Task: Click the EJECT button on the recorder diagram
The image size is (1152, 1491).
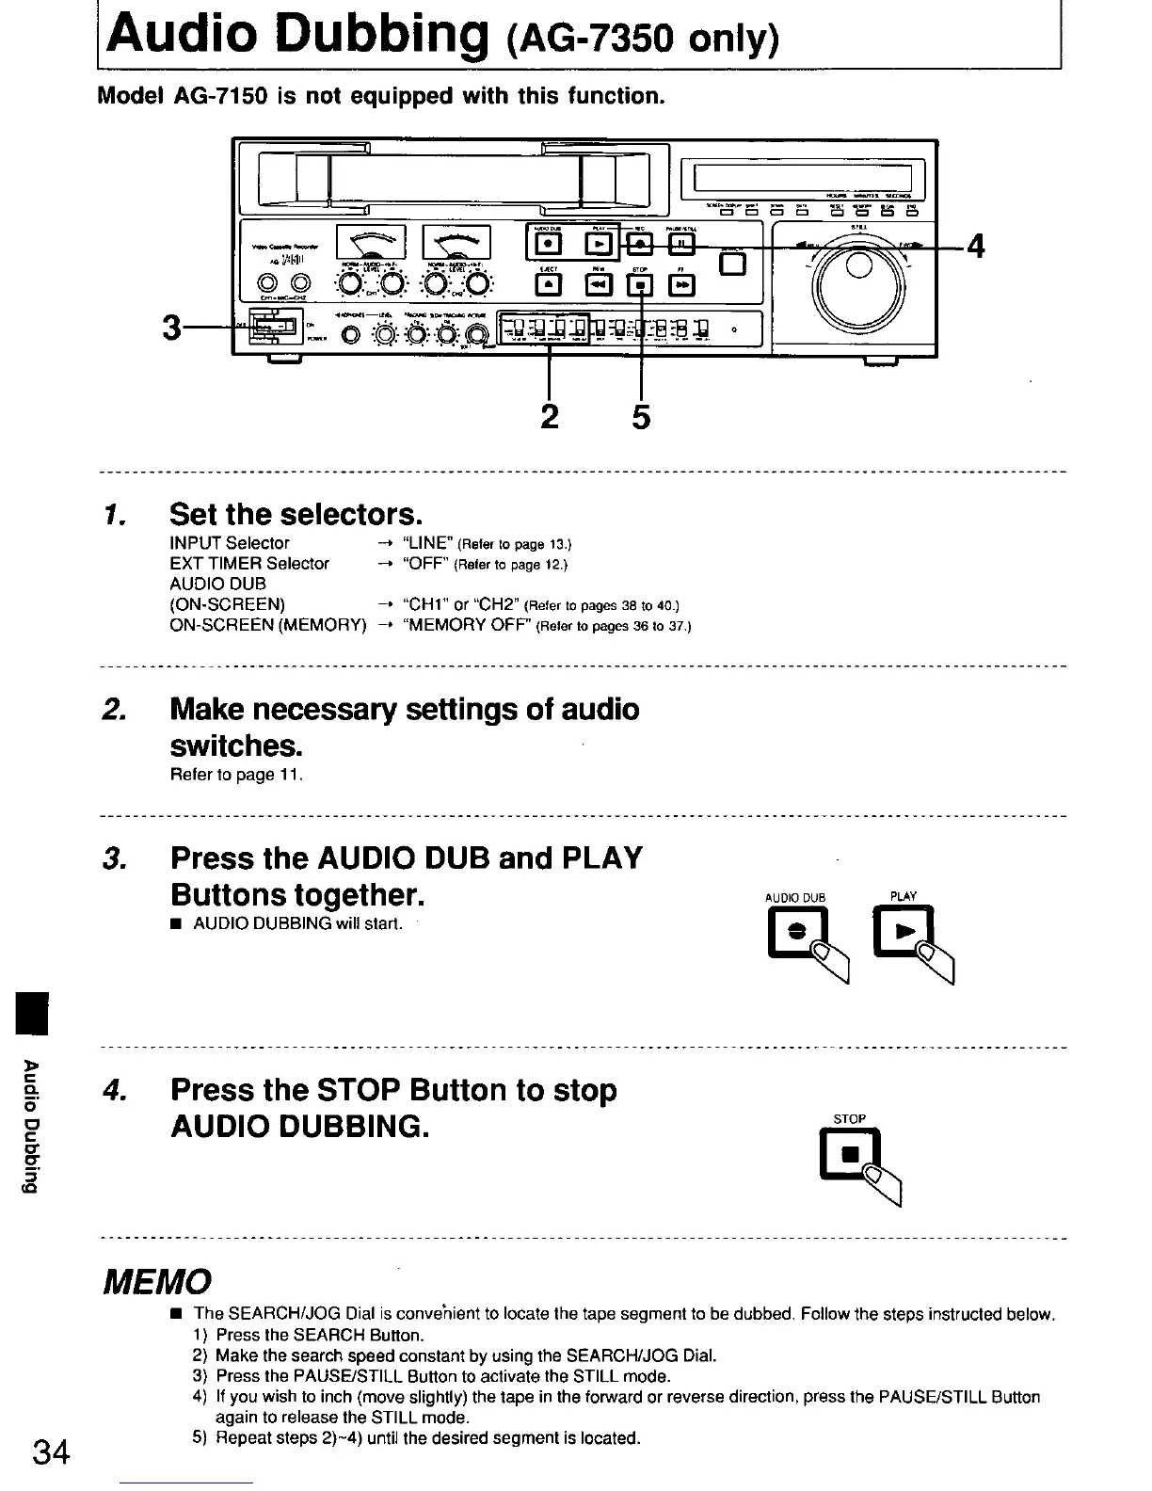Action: coord(550,285)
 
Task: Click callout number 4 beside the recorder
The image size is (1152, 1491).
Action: coord(975,247)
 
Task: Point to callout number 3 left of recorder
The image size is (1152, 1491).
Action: coord(170,329)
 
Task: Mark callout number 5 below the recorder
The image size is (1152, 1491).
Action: coord(640,415)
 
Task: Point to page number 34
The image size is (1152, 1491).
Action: coord(51,1452)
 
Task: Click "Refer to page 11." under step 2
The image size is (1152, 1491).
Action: coord(235,775)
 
